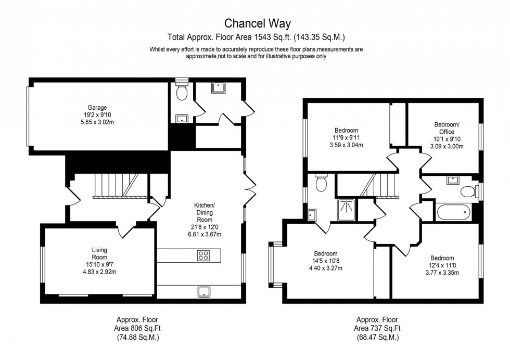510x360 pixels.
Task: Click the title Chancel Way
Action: click(257, 23)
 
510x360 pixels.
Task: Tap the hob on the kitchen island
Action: click(203, 255)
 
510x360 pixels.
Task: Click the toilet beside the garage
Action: click(181, 92)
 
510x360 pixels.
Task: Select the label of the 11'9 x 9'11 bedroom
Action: click(346, 130)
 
